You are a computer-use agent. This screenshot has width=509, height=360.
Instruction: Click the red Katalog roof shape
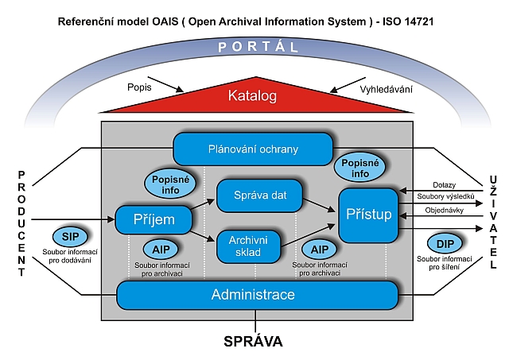251,97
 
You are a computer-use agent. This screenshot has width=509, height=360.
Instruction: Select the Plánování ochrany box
252,149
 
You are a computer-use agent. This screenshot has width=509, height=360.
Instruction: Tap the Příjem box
155,219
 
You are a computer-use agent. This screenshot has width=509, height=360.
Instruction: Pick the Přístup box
367,214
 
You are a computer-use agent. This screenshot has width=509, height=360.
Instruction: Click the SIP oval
70,237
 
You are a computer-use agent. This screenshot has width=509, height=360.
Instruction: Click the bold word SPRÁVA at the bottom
253,343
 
